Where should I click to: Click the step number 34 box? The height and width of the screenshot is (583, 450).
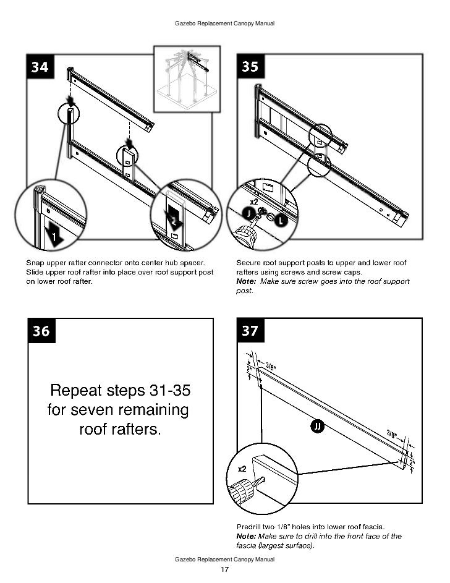click(x=40, y=67)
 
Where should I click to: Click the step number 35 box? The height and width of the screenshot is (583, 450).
click(x=250, y=67)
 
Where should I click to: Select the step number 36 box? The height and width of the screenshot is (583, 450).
click(x=41, y=331)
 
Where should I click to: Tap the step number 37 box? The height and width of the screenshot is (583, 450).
click(x=250, y=331)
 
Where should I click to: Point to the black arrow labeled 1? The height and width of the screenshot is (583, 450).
click(x=54, y=235)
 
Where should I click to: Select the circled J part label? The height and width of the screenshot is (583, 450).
click(x=248, y=213)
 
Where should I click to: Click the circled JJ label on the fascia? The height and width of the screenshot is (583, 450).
click(x=316, y=427)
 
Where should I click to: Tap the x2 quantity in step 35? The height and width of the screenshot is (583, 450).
click(x=254, y=202)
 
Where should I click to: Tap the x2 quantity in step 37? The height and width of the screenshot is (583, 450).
click(x=243, y=469)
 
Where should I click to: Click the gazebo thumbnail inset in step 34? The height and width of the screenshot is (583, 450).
click(x=186, y=79)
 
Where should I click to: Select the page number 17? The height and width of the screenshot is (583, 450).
click(x=225, y=569)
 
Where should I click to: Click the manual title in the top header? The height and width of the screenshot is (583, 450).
click(x=225, y=23)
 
